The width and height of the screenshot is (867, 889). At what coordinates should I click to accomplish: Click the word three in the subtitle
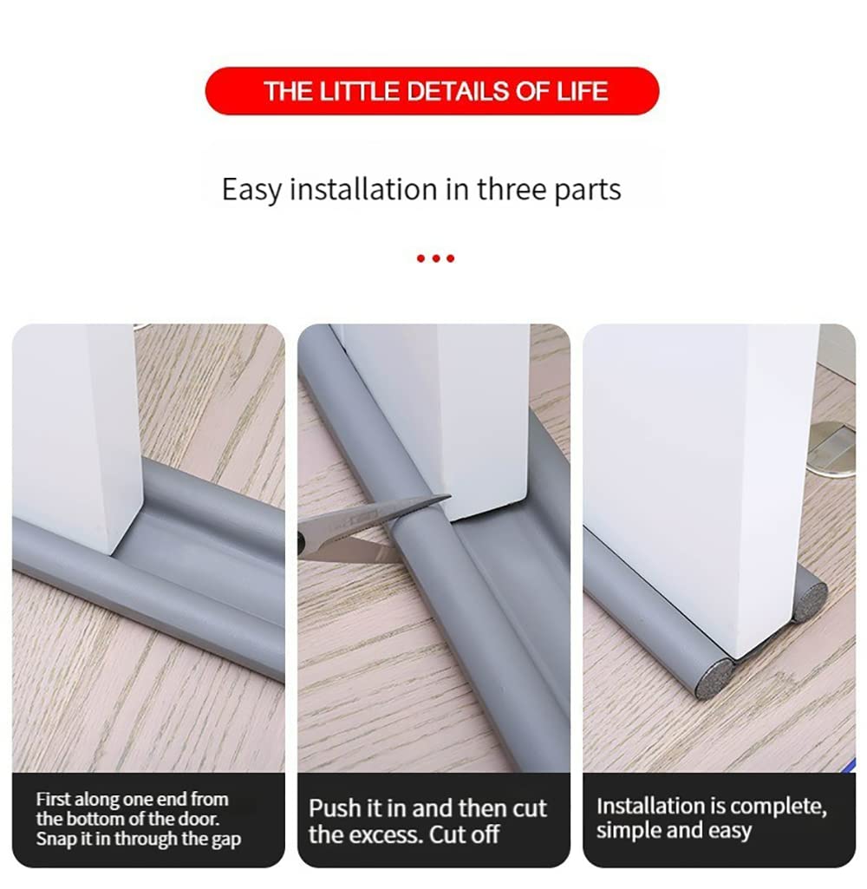tap(512, 189)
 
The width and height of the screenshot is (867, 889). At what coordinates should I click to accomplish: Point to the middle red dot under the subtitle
tap(436, 258)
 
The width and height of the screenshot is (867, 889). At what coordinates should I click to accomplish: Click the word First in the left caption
tap(53, 800)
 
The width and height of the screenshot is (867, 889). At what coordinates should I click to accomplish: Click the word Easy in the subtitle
tap(251, 190)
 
